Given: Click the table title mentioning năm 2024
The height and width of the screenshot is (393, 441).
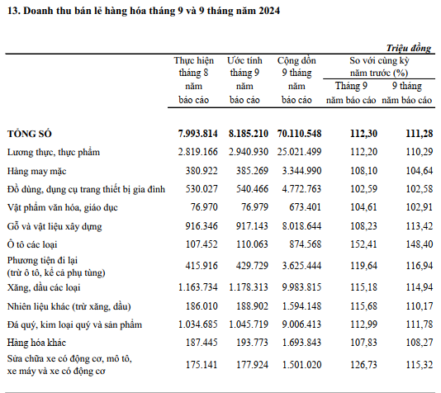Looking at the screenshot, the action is click(x=144, y=11).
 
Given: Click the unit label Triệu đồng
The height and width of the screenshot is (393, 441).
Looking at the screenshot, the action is click(x=408, y=48).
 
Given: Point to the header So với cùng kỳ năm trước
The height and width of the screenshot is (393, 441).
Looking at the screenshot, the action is click(x=379, y=67).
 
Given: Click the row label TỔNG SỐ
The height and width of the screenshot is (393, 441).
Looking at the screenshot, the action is click(x=30, y=134).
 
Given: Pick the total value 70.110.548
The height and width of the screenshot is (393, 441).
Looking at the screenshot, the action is click(x=299, y=133).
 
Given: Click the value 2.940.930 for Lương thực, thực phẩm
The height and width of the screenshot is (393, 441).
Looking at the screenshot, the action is click(x=249, y=152).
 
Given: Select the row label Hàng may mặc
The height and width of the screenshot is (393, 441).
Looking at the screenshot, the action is click(x=37, y=171).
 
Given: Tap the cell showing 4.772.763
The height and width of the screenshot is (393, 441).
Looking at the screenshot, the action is click(x=301, y=188).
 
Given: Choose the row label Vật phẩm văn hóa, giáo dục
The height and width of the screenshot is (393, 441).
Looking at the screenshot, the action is click(x=63, y=207).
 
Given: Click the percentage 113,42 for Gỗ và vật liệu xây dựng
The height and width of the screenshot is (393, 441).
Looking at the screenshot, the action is click(x=419, y=225).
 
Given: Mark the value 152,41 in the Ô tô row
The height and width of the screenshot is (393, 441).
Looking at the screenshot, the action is click(x=363, y=244).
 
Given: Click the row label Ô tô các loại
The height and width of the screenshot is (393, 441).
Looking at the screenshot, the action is click(x=32, y=244).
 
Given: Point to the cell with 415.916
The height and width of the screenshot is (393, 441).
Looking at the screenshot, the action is click(x=202, y=265).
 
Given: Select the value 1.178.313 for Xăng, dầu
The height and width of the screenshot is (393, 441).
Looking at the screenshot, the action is click(x=249, y=287).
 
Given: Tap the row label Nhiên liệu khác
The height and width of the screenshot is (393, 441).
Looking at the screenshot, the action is click(x=69, y=306).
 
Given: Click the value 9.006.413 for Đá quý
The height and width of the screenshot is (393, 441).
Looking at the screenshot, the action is click(x=301, y=324).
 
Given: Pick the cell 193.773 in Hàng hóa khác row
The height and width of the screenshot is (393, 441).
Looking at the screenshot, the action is click(x=252, y=343).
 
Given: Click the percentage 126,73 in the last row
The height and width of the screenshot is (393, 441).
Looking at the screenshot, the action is click(x=363, y=365).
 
